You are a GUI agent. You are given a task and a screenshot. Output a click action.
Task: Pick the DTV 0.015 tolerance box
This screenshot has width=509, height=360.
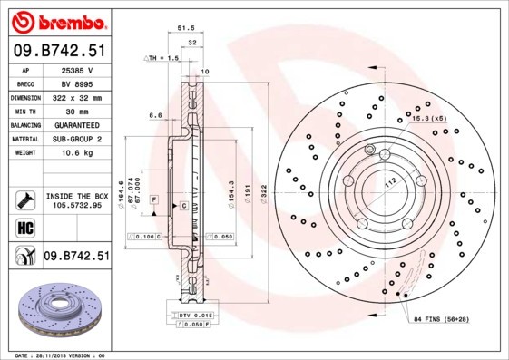point(195,314)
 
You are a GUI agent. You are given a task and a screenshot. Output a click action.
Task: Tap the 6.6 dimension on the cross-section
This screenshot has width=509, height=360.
point(155,115)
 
